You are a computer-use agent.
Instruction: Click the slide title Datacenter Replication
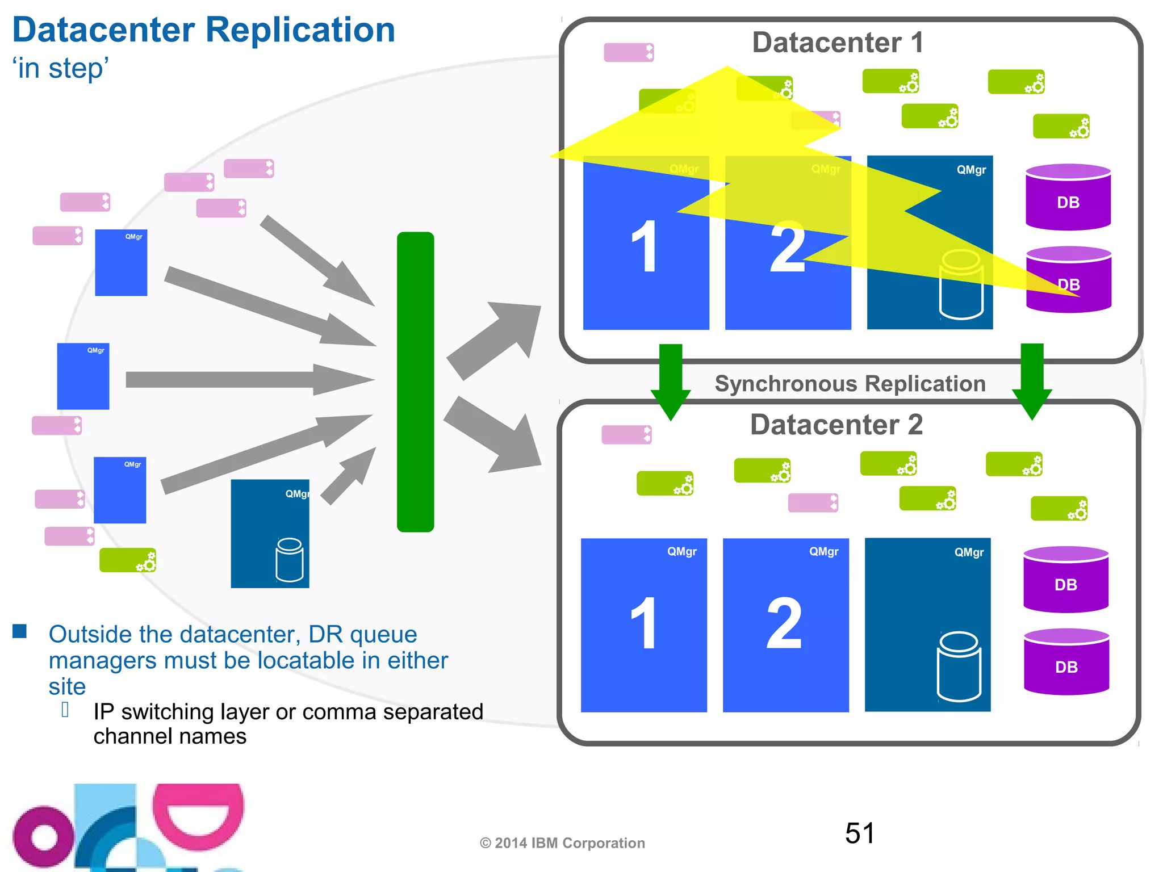click(x=203, y=30)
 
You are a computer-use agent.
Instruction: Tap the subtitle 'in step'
click(x=61, y=69)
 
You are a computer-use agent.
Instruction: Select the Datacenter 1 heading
click(x=838, y=43)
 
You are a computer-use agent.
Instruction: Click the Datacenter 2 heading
click(x=836, y=425)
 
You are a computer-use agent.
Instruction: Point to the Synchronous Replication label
click(x=850, y=384)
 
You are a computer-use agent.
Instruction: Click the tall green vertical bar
click(x=415, y=381)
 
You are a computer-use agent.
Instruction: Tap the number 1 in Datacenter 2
click(x=644, y=623)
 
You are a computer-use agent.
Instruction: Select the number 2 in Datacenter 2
click(x=785, y=623)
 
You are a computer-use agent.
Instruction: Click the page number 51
click(x=860, y=833)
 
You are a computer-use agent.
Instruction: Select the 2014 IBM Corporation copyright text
click(x=562, y=843)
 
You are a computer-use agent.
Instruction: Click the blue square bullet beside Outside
click(x=20, y=631)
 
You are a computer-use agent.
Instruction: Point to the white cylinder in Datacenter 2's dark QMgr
click(x=959, y=666)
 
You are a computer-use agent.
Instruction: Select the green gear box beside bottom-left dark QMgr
click(x=128, y=560)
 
